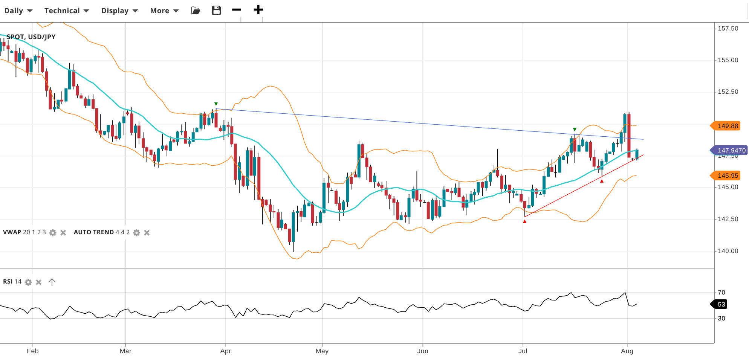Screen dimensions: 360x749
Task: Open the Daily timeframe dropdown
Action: coord(18,11)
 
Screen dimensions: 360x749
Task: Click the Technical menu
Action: coord(66,11)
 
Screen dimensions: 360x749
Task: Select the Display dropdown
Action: coord(119,11)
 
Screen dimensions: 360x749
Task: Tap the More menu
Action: coord(164,11)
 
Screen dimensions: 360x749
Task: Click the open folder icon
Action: coord(196,10)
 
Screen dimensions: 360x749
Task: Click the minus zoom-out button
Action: coord(237,10)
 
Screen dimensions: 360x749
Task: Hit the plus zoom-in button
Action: coord(258,10)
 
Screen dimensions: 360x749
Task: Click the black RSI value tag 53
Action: coord(720,304)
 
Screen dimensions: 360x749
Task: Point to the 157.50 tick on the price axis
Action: coord(728,29)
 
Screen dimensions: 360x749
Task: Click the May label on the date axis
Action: coord(322,351)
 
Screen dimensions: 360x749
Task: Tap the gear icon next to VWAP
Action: coord(53,233)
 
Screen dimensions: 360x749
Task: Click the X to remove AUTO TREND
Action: coord(147,233)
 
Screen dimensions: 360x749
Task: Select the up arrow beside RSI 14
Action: coord(52,282)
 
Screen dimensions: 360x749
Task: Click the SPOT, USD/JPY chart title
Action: coord(31,37)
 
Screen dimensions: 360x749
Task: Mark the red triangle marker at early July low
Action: coord(524,221)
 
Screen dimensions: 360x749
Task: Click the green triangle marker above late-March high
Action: coord(216,104)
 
